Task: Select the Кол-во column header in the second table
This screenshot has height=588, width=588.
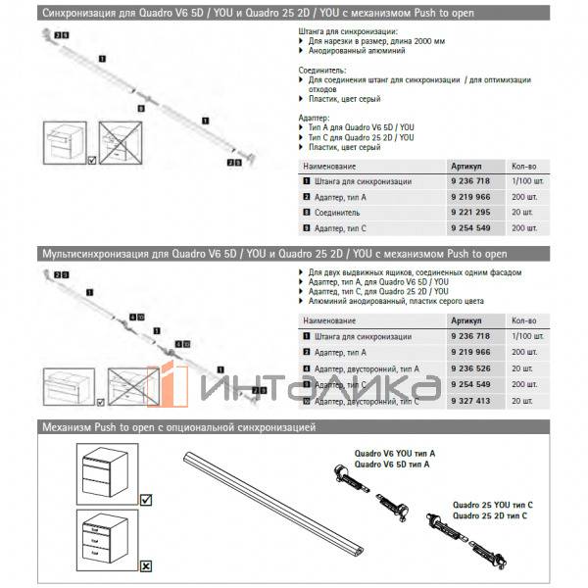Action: [524, 320]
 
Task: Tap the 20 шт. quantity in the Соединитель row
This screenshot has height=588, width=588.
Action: [522, 212]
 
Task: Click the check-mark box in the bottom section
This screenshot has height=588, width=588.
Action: [145, 500]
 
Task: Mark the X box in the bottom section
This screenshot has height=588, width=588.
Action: [145, 565]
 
